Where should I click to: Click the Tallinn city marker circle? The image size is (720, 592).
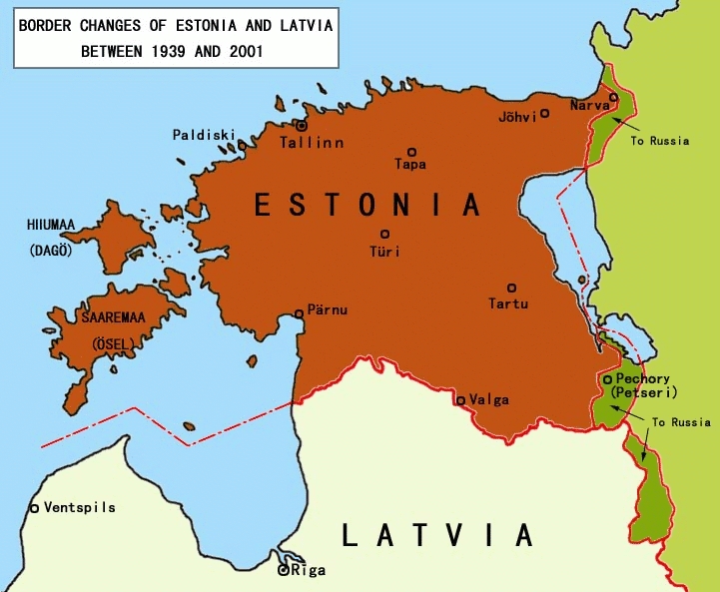click(301, 126)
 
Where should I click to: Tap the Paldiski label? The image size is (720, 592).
click(204, 134)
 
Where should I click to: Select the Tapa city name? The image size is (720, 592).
click(409, 164)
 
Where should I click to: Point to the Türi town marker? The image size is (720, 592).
click(384, 234)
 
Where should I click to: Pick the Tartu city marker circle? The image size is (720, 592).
click(511, 288)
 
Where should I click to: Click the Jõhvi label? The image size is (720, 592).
click(517, 117)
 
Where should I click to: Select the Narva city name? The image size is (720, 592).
click(588, 106)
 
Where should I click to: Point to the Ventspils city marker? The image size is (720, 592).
click(34, 508)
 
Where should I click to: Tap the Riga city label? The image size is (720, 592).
click(308, 572)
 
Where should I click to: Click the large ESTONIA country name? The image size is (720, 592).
click(367, 205)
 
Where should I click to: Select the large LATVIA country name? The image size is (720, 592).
click(437, 536)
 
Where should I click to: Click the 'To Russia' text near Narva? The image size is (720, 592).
click(659, 141)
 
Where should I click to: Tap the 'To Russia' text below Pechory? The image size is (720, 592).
click(680, 422)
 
